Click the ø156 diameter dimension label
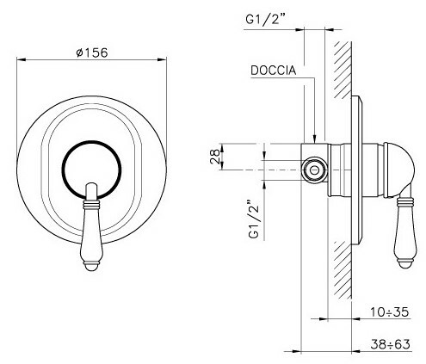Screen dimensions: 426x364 [x=92, y=52]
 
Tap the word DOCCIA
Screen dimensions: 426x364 [x=273, y=71]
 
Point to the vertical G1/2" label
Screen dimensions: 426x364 [x=254, y=219]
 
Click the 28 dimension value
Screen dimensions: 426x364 [x=215, y=157]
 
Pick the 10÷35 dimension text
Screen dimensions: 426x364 [x=389, y=312]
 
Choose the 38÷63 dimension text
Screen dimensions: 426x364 [x=390, y=344]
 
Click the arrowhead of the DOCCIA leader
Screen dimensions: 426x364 [x=315, y=139]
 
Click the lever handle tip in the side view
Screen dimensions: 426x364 [x=405, y=264]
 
